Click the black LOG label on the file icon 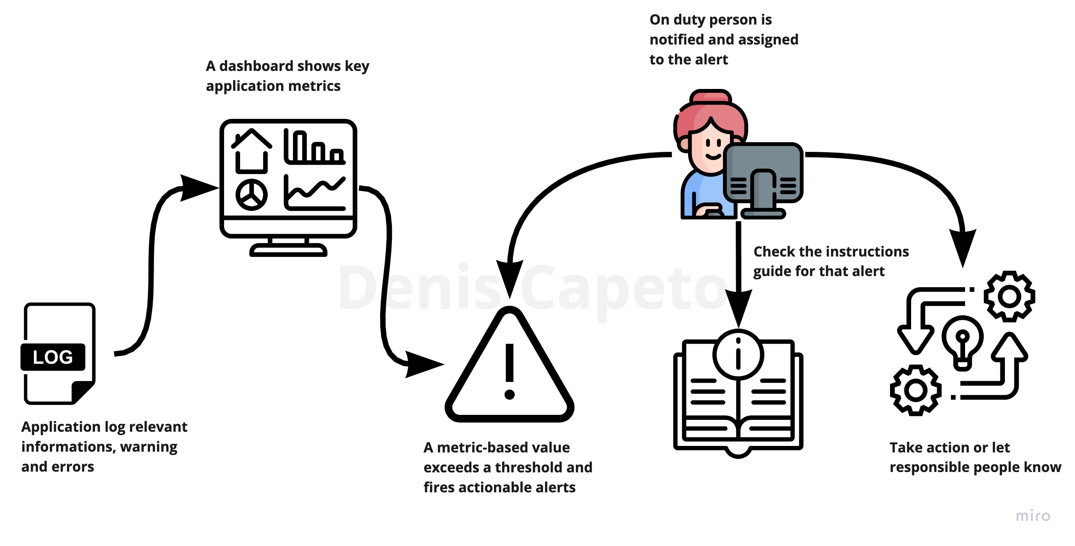53,357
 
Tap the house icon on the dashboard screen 251,151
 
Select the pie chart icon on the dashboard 251,195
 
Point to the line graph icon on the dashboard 315,192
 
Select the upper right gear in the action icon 1009,297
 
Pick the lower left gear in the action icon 916,390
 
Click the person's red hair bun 711,97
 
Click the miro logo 1033,516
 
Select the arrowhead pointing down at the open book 738,307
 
